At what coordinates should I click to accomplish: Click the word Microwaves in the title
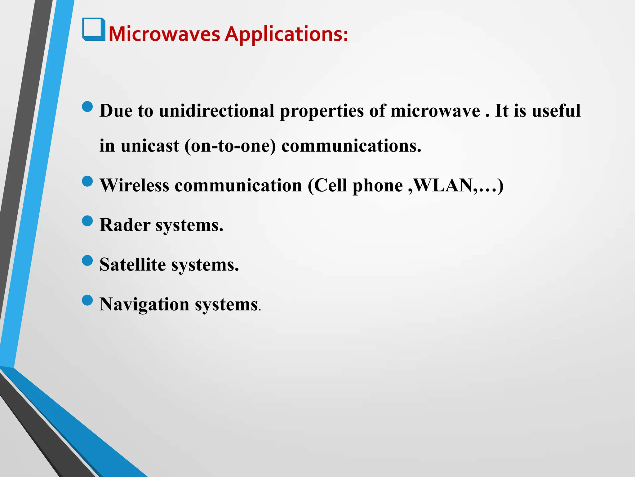[x=164, y=34]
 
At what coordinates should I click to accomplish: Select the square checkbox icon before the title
[x=93, y=29]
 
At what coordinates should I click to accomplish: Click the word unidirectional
[x=216, y=111]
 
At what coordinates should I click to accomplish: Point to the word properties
[x=322, y=111]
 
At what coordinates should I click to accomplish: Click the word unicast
[x=150, y=146]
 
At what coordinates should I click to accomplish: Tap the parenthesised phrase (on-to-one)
[x=230, y=146]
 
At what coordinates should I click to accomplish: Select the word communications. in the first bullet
[x=351, y=146]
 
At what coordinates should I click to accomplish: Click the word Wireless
[x=135, y=185]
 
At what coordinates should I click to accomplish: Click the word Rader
[x=125, y=225]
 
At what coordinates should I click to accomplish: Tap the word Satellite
[x=133, y=265]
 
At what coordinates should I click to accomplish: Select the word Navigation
[x=144, y=304]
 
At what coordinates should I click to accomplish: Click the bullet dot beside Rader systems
[x=88, y=221]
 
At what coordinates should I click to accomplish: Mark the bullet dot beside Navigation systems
[x=88, y=300]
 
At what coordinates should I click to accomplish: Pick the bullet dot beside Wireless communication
[x=88, y=181]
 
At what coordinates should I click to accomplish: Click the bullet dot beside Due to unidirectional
[x=88, y=107]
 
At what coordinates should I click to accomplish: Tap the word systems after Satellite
[x=205, y=265]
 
